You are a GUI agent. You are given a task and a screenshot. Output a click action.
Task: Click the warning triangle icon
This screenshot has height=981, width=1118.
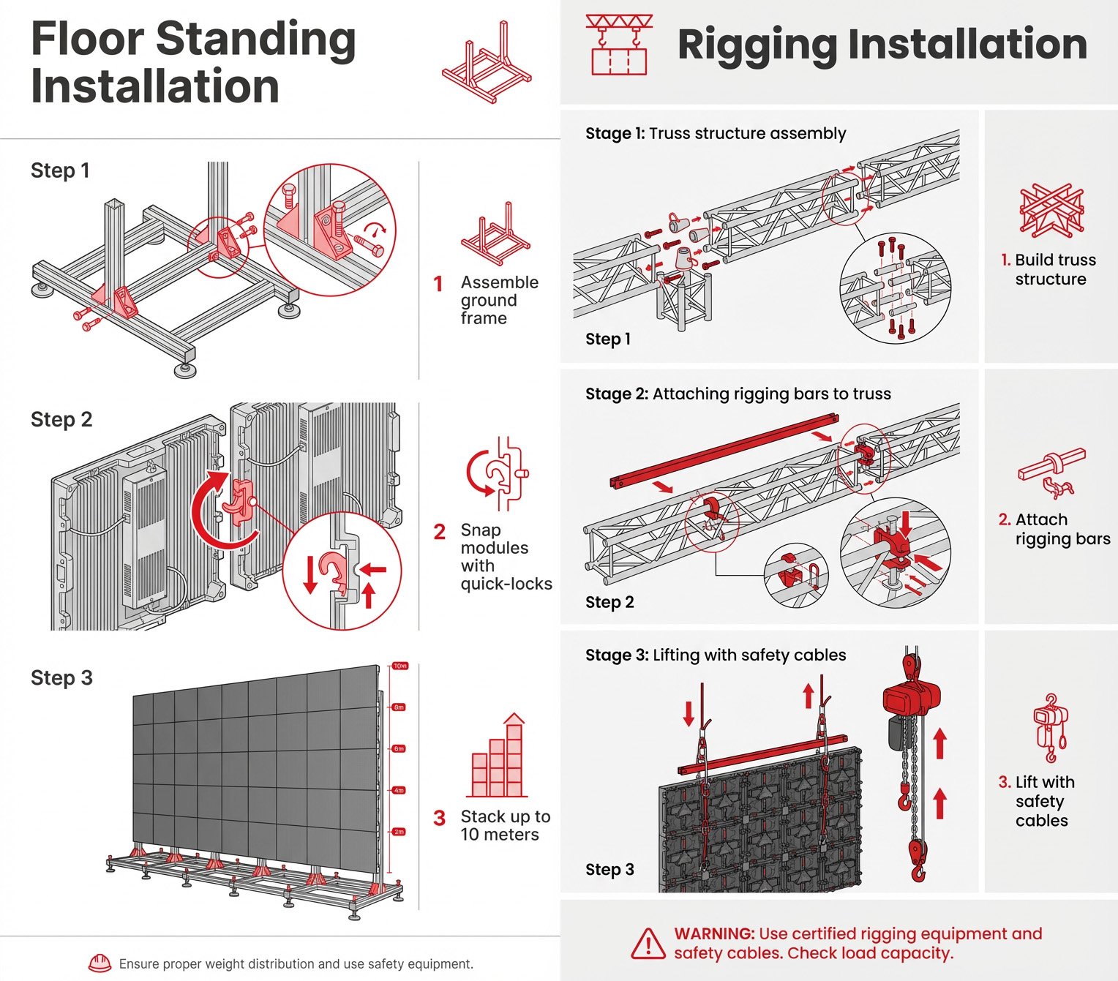pyautogui.click(x=648, y=944)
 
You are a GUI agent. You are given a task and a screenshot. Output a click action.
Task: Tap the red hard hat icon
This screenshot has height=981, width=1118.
pyautogui.click(x=100, y=963)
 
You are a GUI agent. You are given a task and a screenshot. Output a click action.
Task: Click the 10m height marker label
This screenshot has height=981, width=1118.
pyautogui.click(x=400, y=666)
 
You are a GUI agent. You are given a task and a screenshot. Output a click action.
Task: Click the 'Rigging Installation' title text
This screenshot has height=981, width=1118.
pyautogui.click(x=882, y=44)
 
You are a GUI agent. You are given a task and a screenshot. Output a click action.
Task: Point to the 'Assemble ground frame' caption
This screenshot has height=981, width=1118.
pyautogui.click(x=499, y=300)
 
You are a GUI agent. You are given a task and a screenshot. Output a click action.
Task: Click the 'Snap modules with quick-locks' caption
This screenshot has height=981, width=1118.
pyautogui.click(x=505, y=557)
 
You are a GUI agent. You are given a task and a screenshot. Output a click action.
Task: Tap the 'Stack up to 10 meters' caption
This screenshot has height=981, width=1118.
pyautogui.click(x=505, y=825)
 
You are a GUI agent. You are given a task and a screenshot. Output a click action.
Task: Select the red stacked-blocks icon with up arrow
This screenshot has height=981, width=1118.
pyautogui.click(x=498, y=757)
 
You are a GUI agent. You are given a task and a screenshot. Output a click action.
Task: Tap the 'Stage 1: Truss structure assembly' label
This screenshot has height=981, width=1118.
pyautogui.click(x=716, y=133)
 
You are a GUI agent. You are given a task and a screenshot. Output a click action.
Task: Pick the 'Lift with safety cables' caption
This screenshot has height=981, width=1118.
pyautogui.click(x=1039, y=801)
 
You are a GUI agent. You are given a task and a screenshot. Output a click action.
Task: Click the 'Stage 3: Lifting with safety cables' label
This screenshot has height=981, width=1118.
pyautogui.click(x=716, y=655)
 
